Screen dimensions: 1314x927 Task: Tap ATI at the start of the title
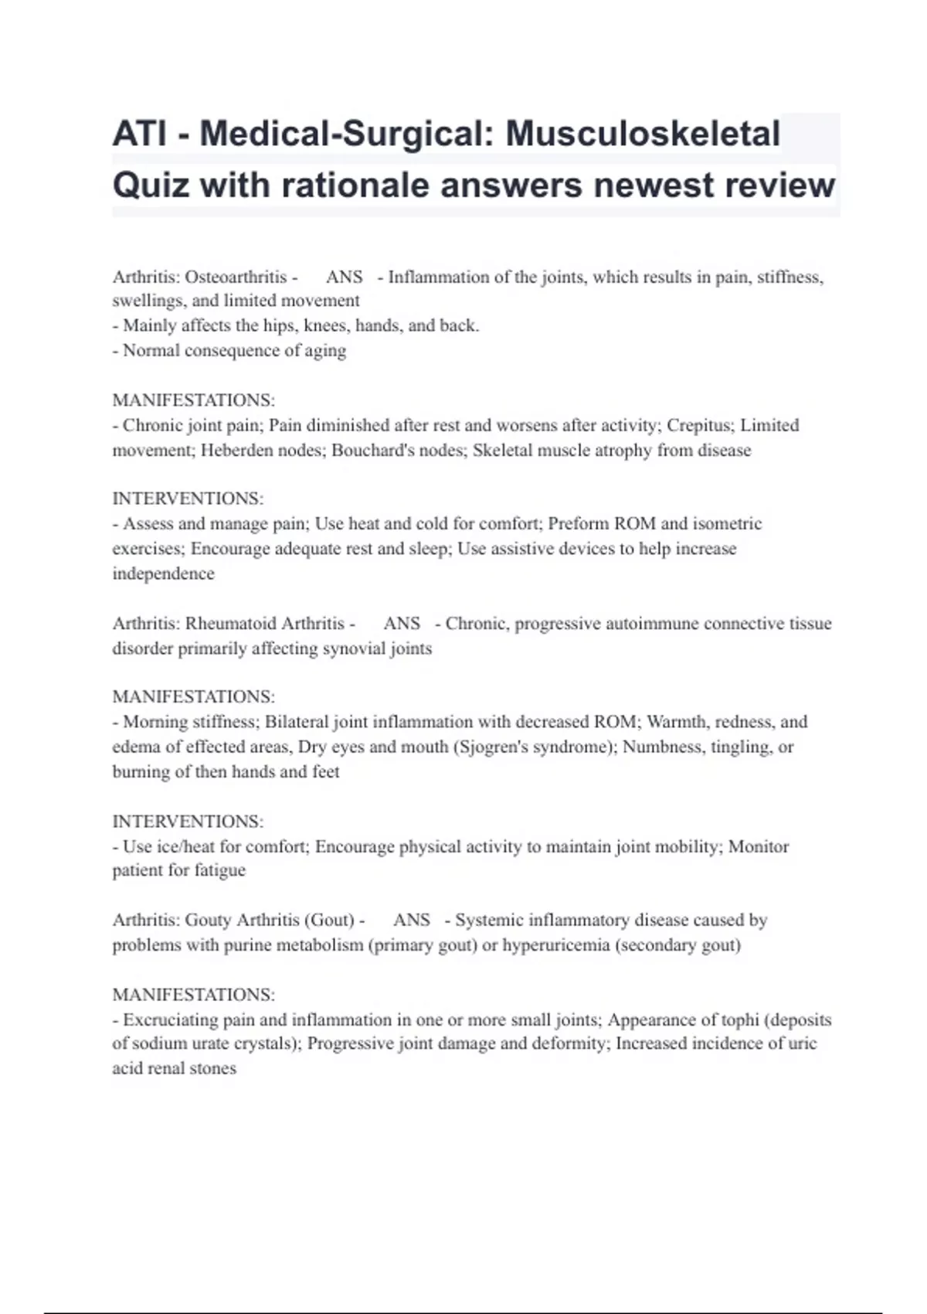tap(139, 134)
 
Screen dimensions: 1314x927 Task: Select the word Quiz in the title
tap(151, 186)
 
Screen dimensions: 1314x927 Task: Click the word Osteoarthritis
tap(236, 277)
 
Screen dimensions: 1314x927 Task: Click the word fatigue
tap(219, 870)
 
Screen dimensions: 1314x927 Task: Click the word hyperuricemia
tap(555, 945)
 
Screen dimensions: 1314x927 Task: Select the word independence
tap(163, 574)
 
